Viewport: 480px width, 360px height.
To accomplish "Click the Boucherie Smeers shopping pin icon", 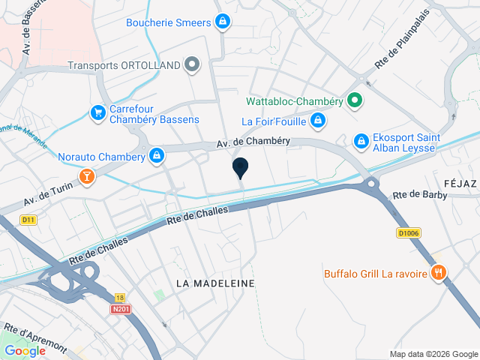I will point(222,22).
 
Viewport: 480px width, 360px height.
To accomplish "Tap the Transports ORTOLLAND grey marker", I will point(193,64).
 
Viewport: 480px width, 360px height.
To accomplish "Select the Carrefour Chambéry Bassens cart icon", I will point(97,112).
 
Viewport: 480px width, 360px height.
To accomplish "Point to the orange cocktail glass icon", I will point(88,177).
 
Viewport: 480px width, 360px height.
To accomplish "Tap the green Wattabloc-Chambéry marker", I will point(355,100).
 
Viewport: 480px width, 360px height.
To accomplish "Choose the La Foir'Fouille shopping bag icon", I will point(318,120).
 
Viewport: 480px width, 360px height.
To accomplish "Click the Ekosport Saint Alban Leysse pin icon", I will point(361,139).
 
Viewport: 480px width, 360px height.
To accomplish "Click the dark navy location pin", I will point(240,168).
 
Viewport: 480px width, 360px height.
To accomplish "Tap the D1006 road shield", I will point(408,233).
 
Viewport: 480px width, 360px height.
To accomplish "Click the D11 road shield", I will point(28,220).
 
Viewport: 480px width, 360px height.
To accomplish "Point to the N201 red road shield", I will point(119,308).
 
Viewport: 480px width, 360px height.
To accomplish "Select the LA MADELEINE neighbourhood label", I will point(215,283).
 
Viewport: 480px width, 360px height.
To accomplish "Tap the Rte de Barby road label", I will point(419,196).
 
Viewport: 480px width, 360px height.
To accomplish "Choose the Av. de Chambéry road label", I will point(249,144).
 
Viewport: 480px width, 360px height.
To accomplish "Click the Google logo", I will point(25,351).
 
